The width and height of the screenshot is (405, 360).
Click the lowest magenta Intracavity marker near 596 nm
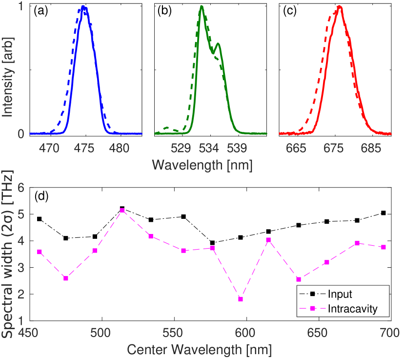(241, 299)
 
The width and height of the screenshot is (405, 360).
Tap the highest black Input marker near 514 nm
(122, 209)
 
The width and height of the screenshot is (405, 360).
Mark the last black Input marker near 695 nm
(384, 213)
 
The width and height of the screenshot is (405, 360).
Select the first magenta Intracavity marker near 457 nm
(39, 252)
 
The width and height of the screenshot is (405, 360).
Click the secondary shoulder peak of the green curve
(218, 44)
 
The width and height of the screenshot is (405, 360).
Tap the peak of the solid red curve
(339, 7)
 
